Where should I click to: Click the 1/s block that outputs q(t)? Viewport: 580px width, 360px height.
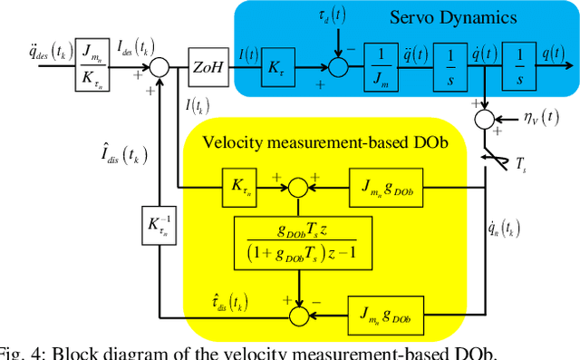(517, 65)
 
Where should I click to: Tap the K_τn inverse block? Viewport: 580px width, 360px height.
(159, 222)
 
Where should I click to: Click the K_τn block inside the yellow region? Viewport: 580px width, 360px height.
(239, 189)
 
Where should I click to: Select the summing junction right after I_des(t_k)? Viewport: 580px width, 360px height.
(160, 65)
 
